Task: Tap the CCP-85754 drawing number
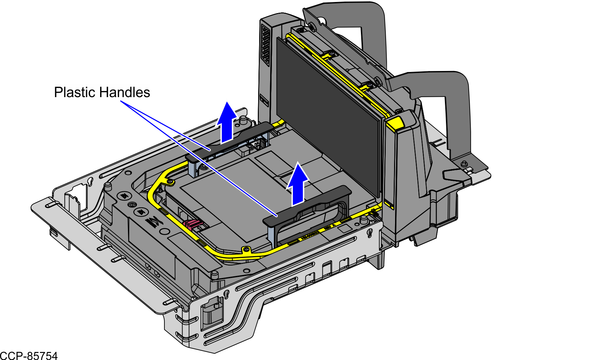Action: point(29,356)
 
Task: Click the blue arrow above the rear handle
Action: point(227,123)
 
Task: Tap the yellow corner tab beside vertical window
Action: point(395,123)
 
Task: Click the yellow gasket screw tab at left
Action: point(170,182)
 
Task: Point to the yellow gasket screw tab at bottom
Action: point(246,249)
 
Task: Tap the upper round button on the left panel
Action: point(124,196)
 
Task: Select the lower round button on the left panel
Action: point(141,212)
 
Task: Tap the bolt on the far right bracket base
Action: point(464,164)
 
